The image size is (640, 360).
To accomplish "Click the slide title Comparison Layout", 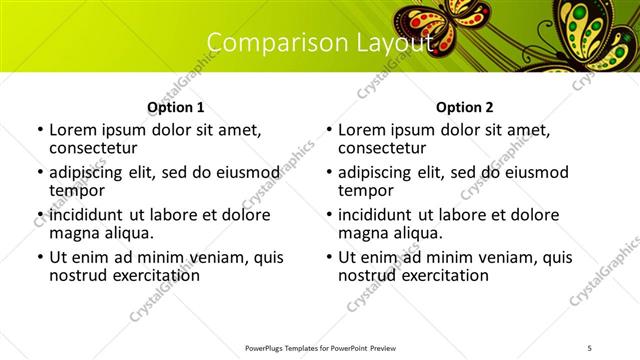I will [320, 42].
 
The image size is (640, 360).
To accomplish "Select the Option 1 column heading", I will [175, 107].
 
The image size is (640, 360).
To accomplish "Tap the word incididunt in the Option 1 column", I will [85, 215].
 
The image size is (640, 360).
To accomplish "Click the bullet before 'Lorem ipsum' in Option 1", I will [39, 130].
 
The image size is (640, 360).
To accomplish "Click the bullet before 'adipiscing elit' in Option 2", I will [328, 173].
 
